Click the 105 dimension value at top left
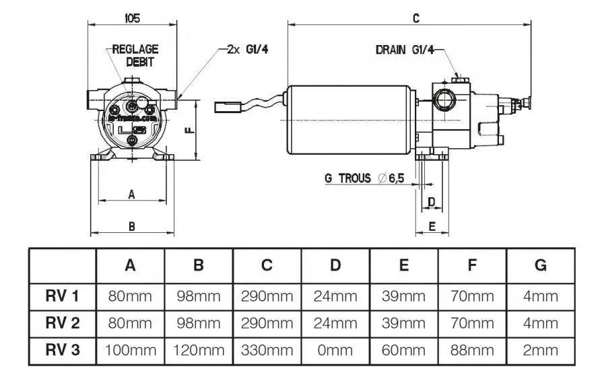click(133, 18)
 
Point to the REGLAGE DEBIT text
click(135, 55)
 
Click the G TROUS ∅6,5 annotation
click(364, 178)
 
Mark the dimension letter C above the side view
click(416, 19)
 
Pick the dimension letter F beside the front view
click(190, 130)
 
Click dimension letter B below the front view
click(132, 227)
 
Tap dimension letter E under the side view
click(432, 227)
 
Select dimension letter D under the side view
click(432, 202)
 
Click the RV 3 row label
click(62, 350)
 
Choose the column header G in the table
click(540, 265)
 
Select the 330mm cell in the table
click(267, 350)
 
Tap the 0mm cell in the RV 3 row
click(335, 350)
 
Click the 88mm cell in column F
click(472, 350)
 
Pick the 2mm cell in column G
click(540, 350)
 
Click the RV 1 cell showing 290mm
click(267, 296)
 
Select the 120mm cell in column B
click(199, 350)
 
